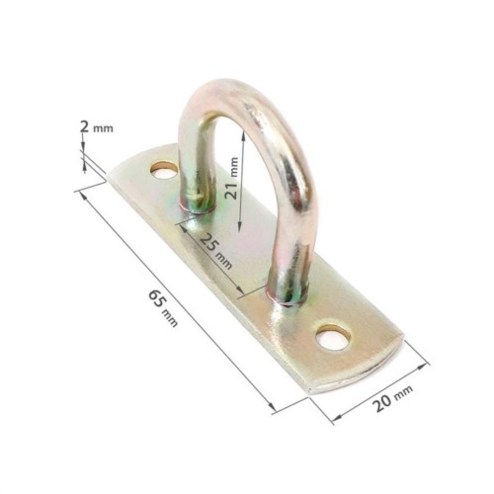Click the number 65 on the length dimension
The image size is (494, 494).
[155, 295]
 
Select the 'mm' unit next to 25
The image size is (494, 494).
[225, 261]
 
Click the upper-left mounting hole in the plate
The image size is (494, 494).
[164, 171]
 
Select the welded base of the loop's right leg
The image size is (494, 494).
[289, 292]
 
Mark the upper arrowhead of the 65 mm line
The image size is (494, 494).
[78, 190]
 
